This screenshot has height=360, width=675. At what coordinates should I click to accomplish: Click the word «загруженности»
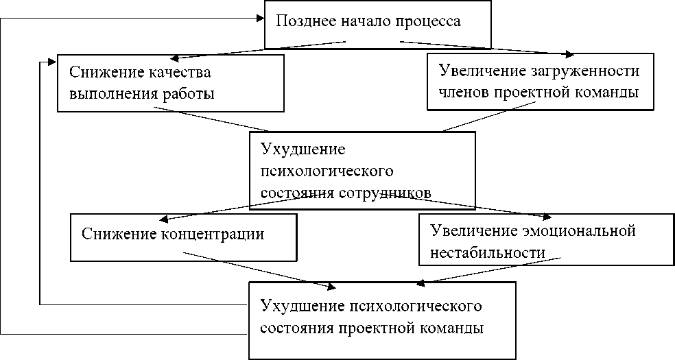585,71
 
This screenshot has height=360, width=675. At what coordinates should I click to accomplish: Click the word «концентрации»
217,234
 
